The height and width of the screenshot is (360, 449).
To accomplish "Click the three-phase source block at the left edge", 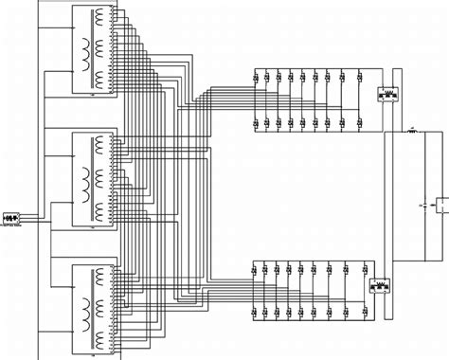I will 11,219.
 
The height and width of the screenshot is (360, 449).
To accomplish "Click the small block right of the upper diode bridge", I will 386,95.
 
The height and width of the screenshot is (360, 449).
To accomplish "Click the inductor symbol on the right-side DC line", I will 412,132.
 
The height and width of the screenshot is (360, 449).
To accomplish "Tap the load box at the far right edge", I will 441,204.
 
